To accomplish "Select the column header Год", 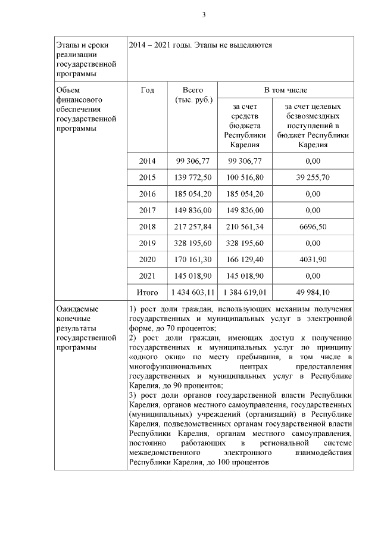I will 147,91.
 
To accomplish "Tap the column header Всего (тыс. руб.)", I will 192,95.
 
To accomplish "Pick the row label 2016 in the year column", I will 147,194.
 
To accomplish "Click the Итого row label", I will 147,293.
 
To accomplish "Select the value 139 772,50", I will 193,177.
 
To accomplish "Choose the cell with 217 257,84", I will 193,227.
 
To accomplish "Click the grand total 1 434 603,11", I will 193,293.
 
